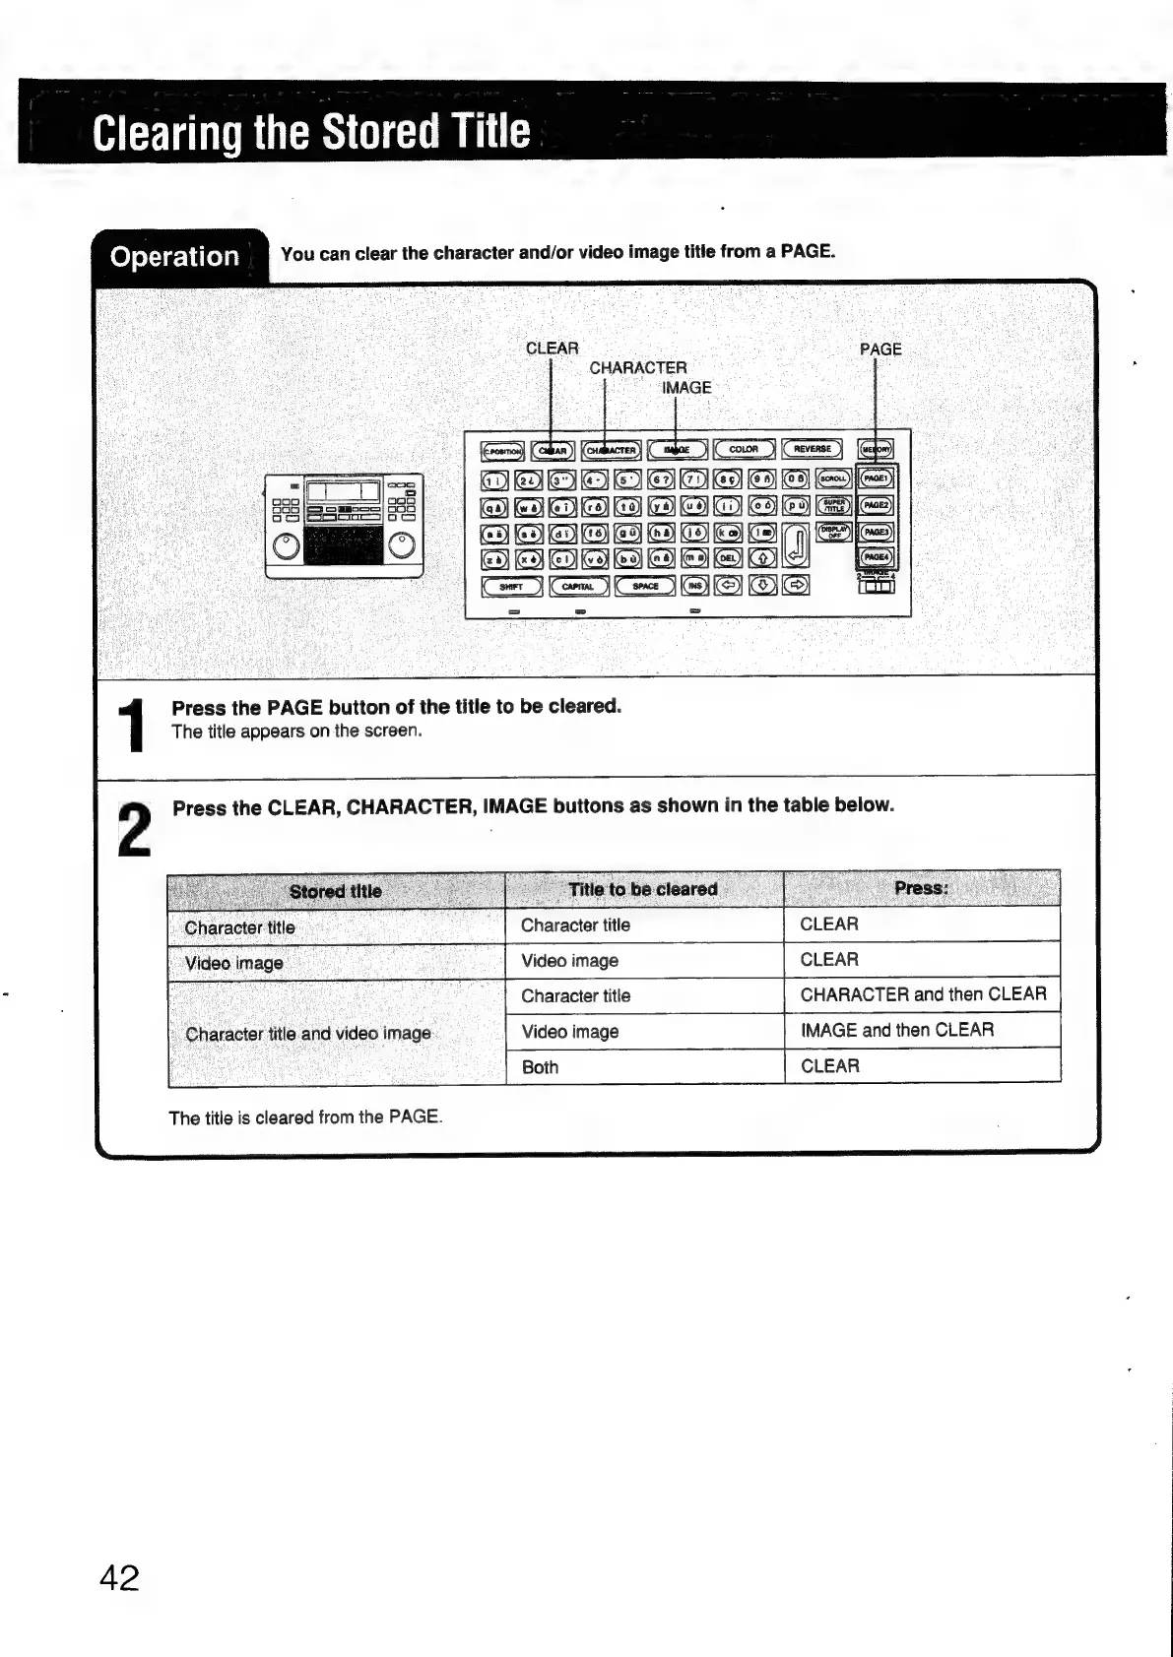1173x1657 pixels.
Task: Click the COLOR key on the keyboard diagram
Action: pos(745,450)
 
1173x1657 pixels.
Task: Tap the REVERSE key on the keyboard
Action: pos(813,450)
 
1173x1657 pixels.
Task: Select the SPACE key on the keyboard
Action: pos(645,586)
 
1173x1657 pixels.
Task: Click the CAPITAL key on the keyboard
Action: pos(578,586)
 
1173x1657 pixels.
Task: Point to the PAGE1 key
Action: pos(876,478)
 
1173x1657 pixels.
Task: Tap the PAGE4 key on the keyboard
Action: pos(876,557)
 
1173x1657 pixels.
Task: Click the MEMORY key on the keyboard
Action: pos(876,450)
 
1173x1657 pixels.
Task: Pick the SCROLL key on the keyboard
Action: pos(834,478)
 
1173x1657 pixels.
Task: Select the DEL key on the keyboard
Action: pos(728,558)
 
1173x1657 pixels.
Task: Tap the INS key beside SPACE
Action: pos(694,586)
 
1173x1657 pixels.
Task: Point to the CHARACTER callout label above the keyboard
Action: pos(638,368)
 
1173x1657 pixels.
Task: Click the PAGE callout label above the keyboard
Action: pos(880,350)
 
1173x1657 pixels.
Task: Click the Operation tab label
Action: pos(175,257)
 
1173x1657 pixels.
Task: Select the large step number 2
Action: pos(135,830)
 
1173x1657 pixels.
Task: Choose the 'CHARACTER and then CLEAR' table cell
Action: pos(923,994)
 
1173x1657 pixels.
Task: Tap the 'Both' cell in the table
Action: pos(540,1067)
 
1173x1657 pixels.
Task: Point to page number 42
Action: pos(120,1578)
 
